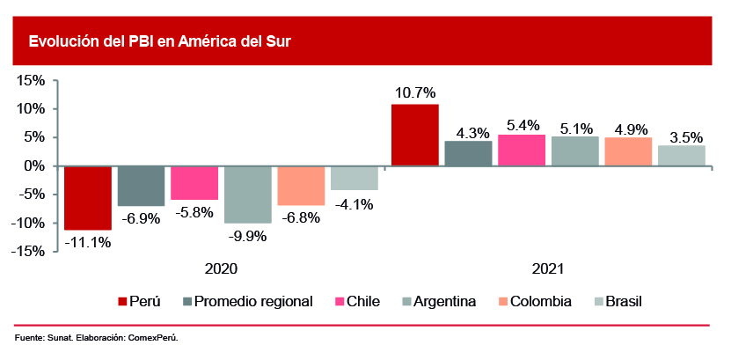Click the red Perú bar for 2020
tap(88, 198)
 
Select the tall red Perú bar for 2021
tap(415, 135)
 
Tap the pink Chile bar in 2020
tap(194, 183)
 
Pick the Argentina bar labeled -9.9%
tap(247, 195)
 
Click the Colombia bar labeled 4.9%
tap(628, 151)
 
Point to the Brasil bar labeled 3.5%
tap(682, 156)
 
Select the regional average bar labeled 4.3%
tap(468, 153)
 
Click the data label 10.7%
tap(415, 92)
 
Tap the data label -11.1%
tap(88, 242)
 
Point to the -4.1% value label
tap(354, 204)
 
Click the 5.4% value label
tap(523, 124)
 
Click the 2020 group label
tap(221, 268)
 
